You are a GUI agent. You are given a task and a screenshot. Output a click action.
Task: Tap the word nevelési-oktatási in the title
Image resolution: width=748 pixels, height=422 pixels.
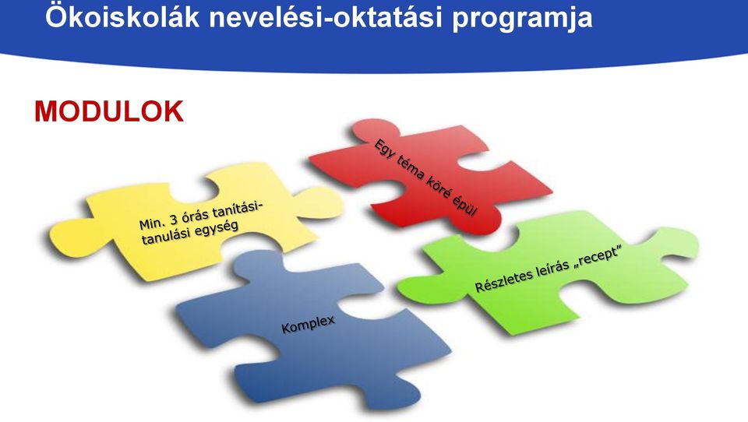pos(326,17)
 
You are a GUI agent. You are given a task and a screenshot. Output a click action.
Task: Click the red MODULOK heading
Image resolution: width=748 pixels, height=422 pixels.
pos(109,111)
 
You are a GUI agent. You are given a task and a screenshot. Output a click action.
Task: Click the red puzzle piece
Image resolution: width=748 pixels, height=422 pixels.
pos(429,177)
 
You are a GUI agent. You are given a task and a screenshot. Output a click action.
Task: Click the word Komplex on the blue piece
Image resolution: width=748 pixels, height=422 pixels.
pos(309,324)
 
